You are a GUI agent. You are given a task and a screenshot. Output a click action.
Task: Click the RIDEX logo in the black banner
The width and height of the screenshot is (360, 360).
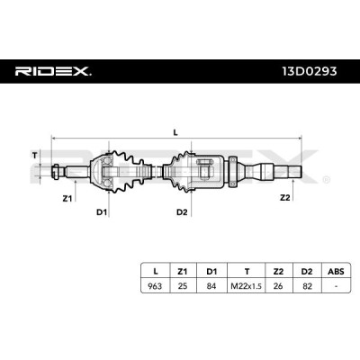point(53,71)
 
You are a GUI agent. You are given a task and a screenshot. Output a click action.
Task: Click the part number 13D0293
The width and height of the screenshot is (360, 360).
point(310,71)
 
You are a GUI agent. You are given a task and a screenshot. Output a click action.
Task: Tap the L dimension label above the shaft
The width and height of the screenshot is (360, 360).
point(175,132)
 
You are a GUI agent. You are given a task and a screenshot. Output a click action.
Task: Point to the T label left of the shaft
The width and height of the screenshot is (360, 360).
point(35,156)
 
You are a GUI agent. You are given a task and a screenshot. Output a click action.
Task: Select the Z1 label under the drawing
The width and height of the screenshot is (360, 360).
point(67,198)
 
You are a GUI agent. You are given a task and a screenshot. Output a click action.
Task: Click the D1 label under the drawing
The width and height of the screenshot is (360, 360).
point(102,212)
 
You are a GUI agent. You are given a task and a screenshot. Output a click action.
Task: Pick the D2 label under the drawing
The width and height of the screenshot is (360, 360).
point(182,212)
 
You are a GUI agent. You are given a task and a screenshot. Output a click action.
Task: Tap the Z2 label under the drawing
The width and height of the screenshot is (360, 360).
point(285,198)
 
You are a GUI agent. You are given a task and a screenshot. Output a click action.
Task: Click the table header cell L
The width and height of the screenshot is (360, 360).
point(155,272)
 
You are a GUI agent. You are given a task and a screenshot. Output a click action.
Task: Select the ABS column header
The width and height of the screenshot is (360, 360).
point(336,272)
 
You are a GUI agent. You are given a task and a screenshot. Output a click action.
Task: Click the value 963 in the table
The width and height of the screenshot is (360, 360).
point(155,286)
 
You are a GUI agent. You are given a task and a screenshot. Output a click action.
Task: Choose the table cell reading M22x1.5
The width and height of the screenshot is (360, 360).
point(246,286)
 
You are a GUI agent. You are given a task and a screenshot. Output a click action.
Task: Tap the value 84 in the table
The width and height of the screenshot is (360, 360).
point(211,286)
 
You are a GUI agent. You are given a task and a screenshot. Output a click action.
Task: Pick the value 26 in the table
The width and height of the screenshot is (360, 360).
point(278,286)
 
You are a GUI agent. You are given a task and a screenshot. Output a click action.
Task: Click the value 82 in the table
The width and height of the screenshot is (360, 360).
point(307,286)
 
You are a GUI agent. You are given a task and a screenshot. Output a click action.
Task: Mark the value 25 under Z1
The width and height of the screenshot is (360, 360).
point(183,286)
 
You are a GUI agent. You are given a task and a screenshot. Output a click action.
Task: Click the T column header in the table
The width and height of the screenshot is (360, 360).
point(247,272)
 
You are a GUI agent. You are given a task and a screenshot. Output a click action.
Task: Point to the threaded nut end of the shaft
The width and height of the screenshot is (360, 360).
point(57,172)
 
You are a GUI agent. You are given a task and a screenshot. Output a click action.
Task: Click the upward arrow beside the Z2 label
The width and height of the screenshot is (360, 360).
point(292,190)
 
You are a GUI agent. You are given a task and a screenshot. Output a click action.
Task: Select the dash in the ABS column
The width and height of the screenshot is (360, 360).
point(336,286)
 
